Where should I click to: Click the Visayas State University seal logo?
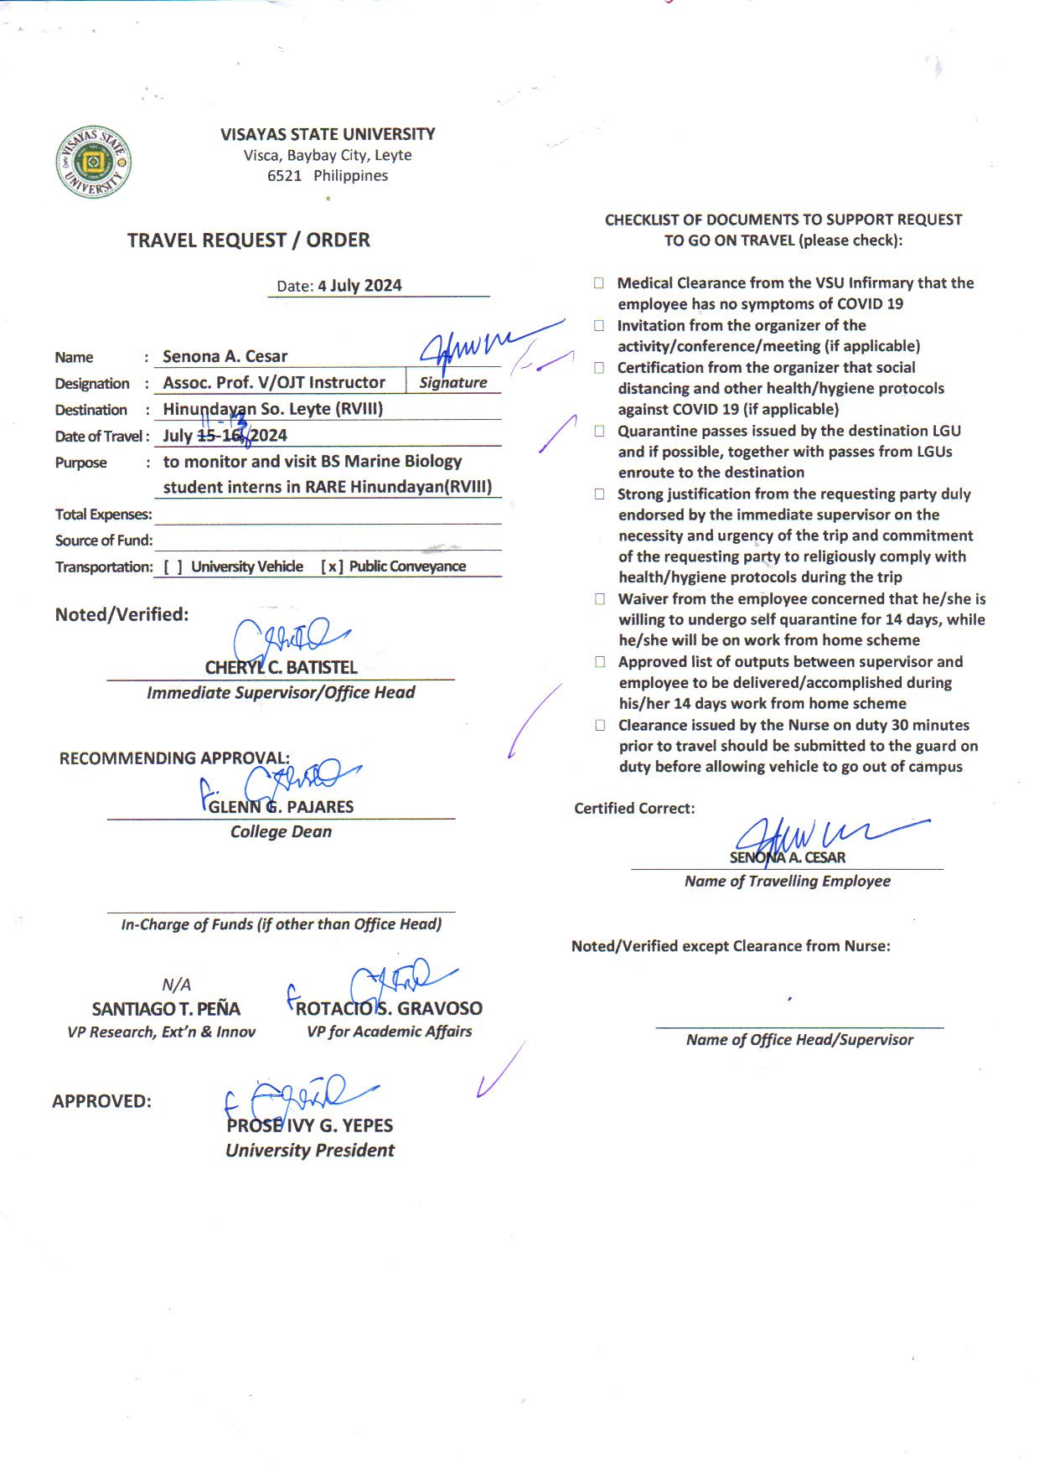[94, 162]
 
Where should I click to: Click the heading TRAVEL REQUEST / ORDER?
[248, 241]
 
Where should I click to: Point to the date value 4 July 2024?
[359, 286]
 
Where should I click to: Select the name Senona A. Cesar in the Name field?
[225, 357]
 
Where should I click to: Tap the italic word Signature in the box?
[452, 383]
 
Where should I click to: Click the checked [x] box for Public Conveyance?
[333, 567]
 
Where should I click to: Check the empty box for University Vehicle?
[173, 567]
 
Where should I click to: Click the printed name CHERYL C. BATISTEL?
[281, 668]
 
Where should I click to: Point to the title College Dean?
[281, 832]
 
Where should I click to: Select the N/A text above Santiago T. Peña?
[176, 985]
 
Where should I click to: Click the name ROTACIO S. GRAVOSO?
[389, 1009]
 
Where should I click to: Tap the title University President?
[309, 1151]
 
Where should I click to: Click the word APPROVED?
[102, 1102]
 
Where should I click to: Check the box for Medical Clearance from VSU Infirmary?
[599, 283]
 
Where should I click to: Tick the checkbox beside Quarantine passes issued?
[599, 431]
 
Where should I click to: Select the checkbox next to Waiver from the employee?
[600, 599]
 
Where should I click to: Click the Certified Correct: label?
[634, 809]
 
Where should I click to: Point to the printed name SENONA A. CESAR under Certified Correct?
[787, 858]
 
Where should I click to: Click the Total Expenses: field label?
[104, 515]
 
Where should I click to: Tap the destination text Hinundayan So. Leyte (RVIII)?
[272, 410]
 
